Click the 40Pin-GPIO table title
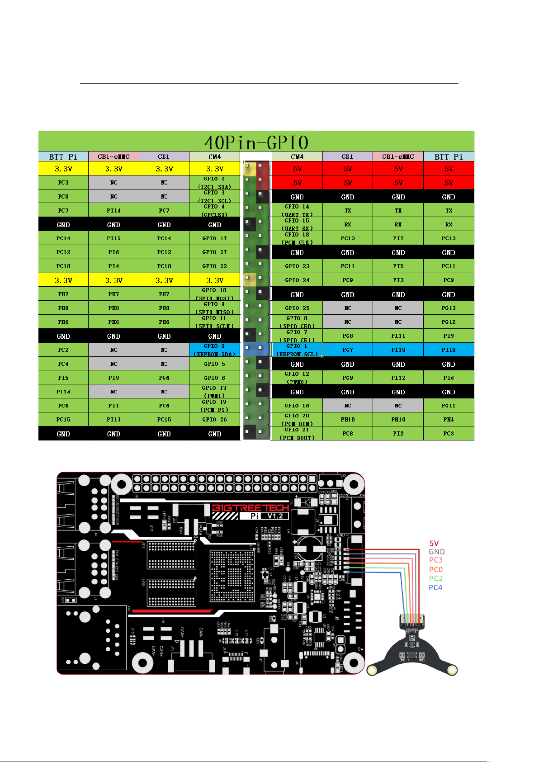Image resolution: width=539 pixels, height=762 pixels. click(x=256, y=142)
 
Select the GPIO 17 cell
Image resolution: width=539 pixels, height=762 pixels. click(x=215, y=238)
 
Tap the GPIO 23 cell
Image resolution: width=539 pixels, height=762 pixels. click(x=297, y=266)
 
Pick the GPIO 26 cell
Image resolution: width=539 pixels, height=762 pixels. click(x=215, y=420)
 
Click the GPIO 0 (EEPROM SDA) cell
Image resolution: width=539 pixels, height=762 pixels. click(x=215, y=350)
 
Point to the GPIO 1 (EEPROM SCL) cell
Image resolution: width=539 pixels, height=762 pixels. click(x=297, y=350)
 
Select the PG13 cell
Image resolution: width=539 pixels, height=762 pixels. click(x=449, y=308)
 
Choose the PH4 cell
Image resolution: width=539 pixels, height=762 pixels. click(x=449, y=420)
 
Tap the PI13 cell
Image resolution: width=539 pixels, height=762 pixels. click(x=113, y=420)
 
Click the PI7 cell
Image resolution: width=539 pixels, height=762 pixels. click(x=398, y=238)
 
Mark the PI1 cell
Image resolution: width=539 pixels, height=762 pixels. click(x=113, y=406)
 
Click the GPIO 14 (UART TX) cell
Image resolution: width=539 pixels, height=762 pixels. click(x=297, y=210)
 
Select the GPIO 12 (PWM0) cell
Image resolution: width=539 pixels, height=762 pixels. click(x=297, y=378)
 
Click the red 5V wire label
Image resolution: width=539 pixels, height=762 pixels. click(x=434, y=543)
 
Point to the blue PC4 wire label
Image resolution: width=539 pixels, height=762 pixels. click(x=435, y=587)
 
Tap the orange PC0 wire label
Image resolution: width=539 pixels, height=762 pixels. click(x=436, y=570)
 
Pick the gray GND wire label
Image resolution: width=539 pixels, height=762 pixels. click(x=437, y=552)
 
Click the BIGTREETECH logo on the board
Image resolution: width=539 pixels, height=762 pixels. click(x=250, y=508)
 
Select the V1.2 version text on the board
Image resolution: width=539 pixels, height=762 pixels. click(x=275, y=516)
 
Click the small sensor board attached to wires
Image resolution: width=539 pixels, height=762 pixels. click(x=412, y=647)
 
